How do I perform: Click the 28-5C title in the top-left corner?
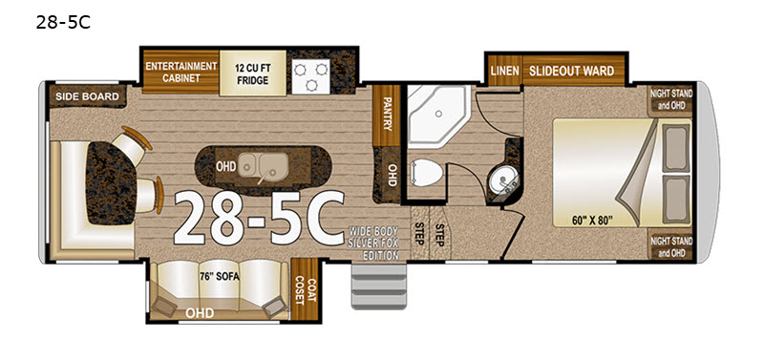[63, 22]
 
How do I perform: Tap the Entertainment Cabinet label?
[180, 73]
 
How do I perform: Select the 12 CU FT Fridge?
[253, 74]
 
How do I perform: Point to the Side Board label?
[87, 96]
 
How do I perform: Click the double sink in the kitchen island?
[261, 167]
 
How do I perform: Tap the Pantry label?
[388, 114]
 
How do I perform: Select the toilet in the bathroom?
[426, 173]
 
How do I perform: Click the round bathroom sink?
[503, 179]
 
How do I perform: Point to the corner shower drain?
[438, 114]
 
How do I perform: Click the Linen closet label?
[505, 71]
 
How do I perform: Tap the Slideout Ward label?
[571, 71]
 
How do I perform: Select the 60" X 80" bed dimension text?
[592, 220]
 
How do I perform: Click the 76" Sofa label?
[220, 277]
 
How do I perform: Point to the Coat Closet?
[305, 289]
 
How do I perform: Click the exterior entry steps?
[378, 286]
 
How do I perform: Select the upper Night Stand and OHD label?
[671, 99]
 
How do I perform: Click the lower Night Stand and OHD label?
[671, 247]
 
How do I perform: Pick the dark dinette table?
[111, 183]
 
